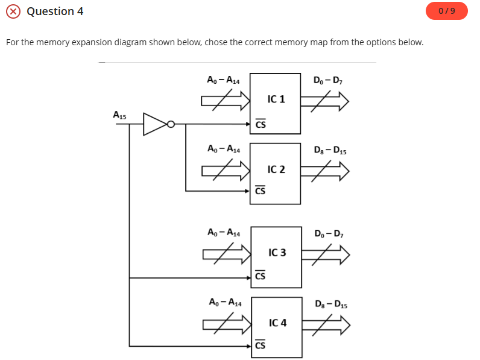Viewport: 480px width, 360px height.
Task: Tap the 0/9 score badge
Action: tap(446, 11)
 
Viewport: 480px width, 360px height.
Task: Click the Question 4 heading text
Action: tap(55, 11)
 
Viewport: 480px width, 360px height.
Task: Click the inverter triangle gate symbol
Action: tap(155, 125)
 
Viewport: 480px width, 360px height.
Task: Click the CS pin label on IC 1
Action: tap(260, 125)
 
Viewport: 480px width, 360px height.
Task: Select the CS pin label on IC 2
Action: tap(260, 191)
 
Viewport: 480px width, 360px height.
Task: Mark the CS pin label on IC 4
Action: tap(260, 346)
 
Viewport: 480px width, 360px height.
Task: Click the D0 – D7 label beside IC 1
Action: tap(329, 80)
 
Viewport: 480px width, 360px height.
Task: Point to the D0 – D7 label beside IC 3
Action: tap(329, 233)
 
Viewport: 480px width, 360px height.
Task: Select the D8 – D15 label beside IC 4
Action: tap(330, 304)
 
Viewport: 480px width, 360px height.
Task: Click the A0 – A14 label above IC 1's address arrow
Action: tap(223, 80)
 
